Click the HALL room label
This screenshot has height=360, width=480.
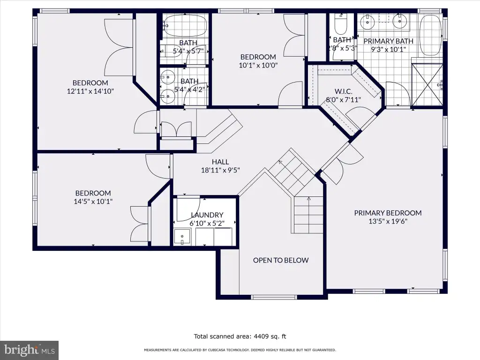point(220,162)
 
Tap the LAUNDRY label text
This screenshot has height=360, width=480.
point(207,215)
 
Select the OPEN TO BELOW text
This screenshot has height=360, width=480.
point(281,260)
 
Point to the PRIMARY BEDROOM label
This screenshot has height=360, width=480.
point(388,213)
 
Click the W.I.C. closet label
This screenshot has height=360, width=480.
point(343,91)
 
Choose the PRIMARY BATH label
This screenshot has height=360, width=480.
point(388,41)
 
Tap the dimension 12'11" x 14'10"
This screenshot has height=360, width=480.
point(90,91)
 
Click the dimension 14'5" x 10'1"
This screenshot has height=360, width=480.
point(93,202)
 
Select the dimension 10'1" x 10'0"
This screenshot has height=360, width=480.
point(258,65)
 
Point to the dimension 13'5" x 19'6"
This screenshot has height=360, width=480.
point(388,221)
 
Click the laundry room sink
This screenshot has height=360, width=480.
point(182,237)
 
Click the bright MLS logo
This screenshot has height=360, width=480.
point(29,350)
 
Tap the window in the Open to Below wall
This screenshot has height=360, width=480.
point(274,297)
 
